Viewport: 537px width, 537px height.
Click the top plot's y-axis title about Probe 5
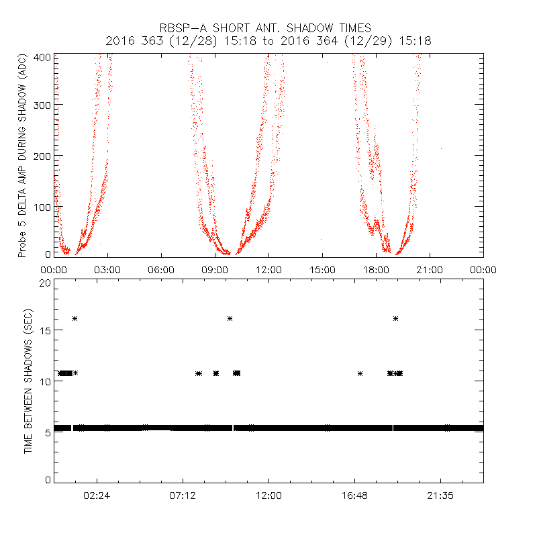point(22,156)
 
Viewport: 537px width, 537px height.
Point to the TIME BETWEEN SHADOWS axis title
point(28,381)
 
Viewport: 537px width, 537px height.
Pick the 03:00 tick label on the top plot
point(107,269)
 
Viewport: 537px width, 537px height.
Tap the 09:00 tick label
point(215,269)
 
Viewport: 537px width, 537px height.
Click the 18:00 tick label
point(376,269)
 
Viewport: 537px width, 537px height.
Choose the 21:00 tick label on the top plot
point(430,269)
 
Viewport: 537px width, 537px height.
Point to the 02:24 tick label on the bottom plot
point(97,495)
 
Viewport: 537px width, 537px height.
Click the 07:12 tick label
point(183,495)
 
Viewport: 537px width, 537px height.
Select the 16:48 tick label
point(354,495)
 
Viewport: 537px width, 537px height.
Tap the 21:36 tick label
point(440,495)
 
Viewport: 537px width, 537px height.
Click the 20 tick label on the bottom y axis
point(44,283)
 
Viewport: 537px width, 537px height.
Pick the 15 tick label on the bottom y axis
point(44,332)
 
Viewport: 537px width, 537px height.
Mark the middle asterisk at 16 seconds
point(230,318)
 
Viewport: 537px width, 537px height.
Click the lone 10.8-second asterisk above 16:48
point(360,373)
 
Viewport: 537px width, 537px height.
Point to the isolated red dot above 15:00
point(321,239)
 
